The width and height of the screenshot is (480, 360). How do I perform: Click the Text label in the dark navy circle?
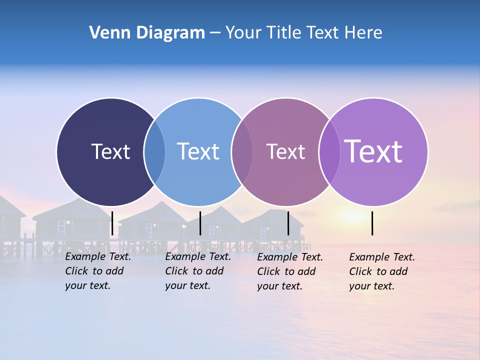point(110,151)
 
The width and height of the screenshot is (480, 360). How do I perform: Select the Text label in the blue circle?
point(198,151)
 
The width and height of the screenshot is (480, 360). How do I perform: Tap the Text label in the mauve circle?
point(285,151)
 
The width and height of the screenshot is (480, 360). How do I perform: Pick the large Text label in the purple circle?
point(373,151)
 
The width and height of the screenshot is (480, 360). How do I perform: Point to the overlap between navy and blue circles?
point(154,151)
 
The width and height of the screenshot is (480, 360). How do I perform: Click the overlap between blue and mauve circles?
point(242,151)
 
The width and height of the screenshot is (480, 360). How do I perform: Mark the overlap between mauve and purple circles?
point(329,151)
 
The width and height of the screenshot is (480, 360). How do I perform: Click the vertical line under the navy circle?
point(112,223)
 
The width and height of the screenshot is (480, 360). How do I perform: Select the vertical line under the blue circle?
point(200,223)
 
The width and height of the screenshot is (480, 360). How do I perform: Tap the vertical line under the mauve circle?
point(288,223)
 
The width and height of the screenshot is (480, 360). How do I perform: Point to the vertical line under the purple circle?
point(372,223)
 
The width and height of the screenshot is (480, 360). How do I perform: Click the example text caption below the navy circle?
point(97,271)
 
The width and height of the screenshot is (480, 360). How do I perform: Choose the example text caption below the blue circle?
point(197,271)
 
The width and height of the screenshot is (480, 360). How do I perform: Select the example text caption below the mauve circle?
point(289,271)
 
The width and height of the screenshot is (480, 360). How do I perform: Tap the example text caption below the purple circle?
point(381,271)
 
